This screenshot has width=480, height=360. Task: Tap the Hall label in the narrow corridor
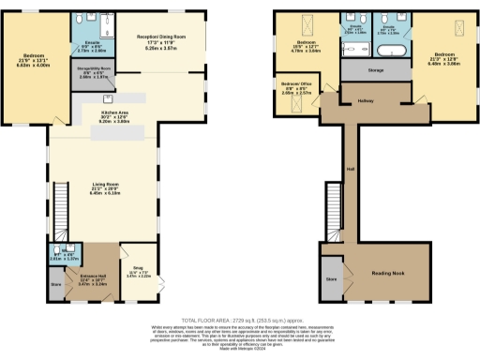tap(351, 169)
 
